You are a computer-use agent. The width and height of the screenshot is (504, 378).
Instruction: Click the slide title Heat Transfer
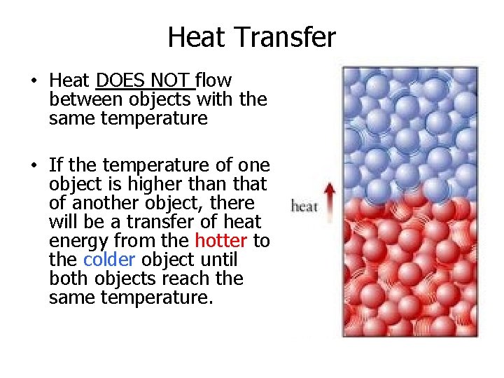click(252, 37)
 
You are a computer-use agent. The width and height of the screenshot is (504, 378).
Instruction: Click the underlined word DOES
click(120, 81)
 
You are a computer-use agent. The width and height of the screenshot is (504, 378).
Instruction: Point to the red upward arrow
click(330, 201)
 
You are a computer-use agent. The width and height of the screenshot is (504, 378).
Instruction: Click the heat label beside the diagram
click(304, 206)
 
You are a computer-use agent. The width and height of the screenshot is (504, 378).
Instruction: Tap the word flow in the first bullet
click(214, 81)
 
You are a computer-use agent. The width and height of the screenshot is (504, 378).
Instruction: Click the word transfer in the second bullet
click(171, 222)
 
